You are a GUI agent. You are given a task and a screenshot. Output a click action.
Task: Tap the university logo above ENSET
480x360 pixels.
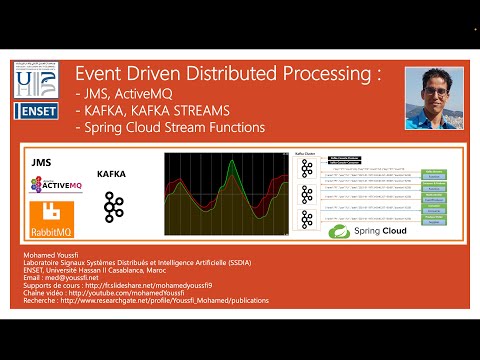click(37, 80)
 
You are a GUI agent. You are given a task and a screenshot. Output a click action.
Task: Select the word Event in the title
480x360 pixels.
click(103, 76)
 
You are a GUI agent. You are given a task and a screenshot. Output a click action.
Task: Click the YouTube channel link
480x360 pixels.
click(150, 296)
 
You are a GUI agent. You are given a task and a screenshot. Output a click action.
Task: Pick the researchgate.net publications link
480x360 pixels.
click(180, 305)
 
